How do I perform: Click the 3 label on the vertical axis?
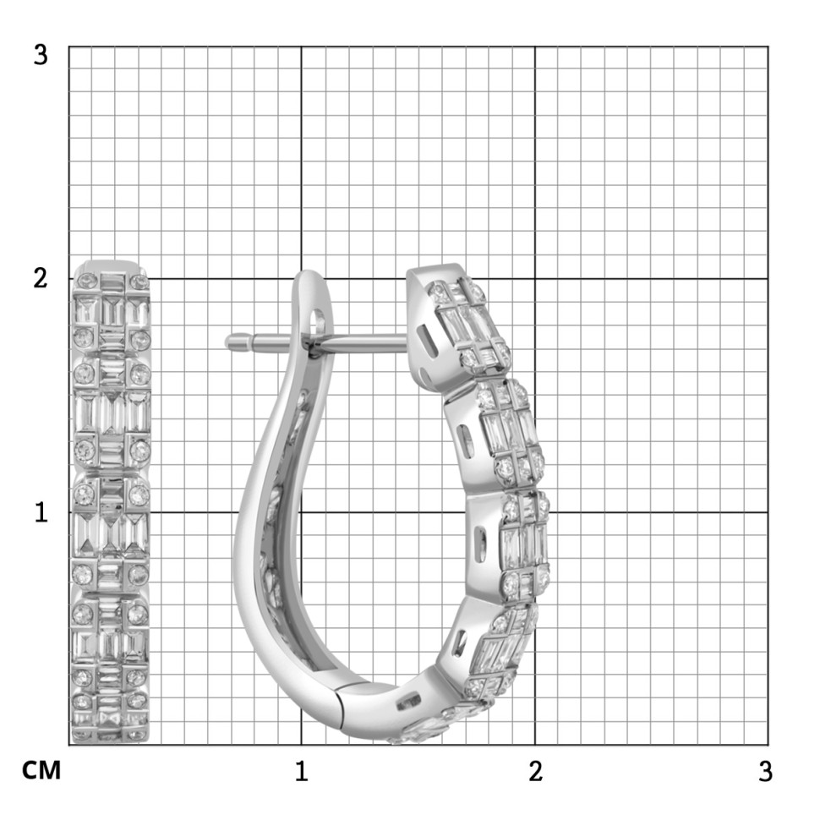(41, 54)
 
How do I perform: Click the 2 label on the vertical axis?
(41, 278)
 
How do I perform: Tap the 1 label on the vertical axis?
(41, 512)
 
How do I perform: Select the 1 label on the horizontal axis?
(301, 771)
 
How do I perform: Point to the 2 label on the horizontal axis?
(535, 771)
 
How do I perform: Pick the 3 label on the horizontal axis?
(766, 771)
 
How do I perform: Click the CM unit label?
(41, 771)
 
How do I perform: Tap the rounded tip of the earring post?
(228, 342)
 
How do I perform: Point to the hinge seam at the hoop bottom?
(342, 709)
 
